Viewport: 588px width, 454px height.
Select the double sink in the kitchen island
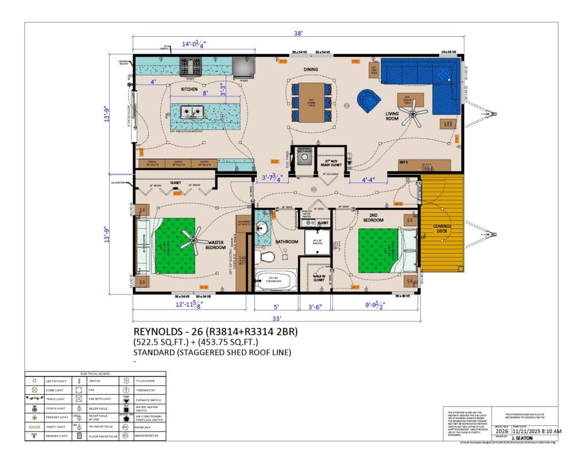pos(191,111)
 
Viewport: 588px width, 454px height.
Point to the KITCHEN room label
pos(189,90)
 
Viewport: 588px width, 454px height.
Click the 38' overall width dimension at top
pos(298,34)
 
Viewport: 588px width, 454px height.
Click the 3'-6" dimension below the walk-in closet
pos(315,306)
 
